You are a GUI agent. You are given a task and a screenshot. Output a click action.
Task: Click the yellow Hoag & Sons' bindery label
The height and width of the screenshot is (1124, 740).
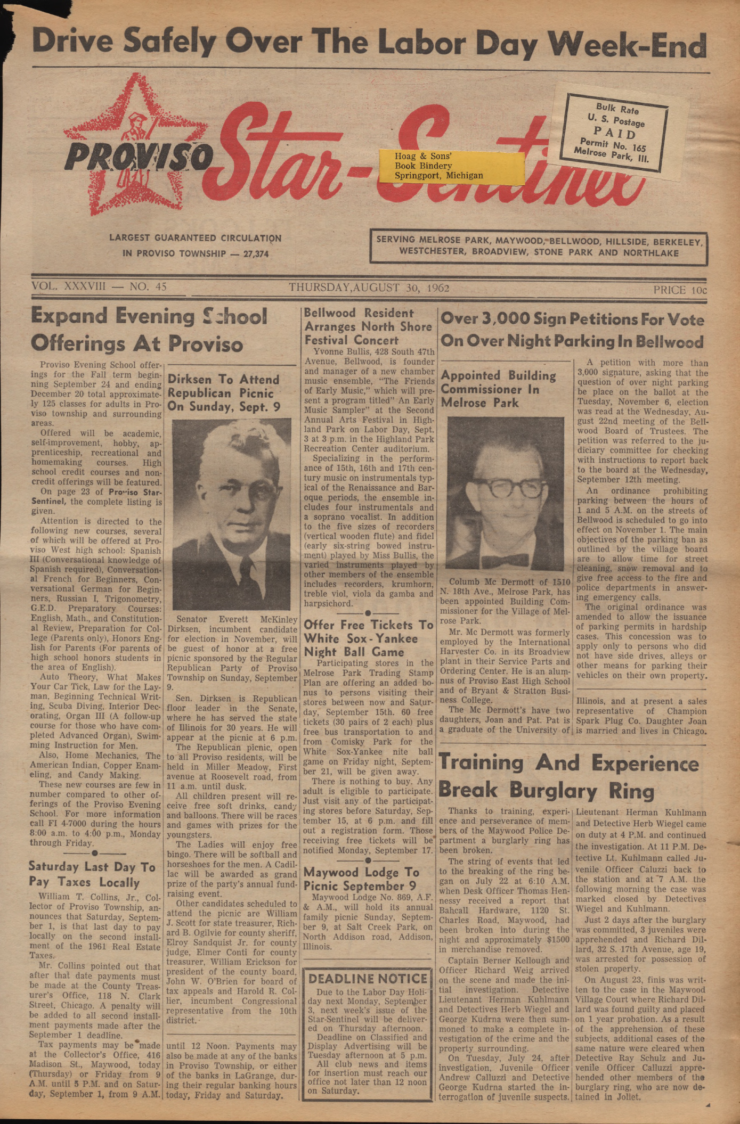(451, 166)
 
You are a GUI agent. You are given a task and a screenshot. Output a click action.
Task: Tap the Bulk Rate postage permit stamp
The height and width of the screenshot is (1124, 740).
(616, 130)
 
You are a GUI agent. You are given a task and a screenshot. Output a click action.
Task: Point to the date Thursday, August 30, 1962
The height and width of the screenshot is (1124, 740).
(369, 288)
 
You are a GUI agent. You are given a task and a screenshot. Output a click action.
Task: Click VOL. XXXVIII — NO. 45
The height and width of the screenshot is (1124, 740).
(99, 286)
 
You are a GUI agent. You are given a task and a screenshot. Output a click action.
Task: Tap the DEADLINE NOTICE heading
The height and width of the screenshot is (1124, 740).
(368, 979)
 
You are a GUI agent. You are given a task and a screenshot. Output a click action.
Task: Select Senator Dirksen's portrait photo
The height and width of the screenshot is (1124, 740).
(231, 513)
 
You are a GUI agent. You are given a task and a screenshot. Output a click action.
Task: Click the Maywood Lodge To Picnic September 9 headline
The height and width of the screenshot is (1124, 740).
(361, 879)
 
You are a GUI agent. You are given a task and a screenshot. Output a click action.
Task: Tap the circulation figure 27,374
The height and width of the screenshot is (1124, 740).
(256, 254)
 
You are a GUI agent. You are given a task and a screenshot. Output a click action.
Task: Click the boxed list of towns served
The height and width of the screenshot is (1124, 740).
(538, 247)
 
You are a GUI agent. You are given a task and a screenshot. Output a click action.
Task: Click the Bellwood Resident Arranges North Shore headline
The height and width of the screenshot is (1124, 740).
(368, 326)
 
